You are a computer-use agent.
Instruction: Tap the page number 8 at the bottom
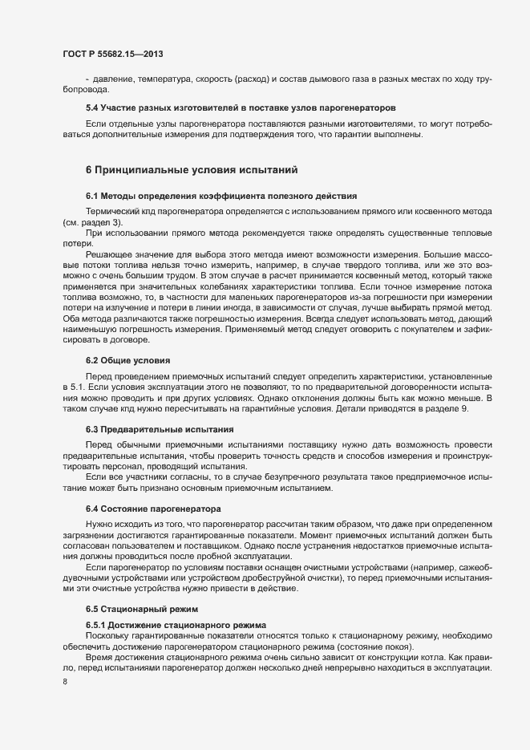pyautogui.click(x=64, y=683)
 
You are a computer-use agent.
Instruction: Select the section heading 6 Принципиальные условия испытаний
pyautogui.click(x=192, y=169)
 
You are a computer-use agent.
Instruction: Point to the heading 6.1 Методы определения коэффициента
pyautogui.click(x=221, y=197)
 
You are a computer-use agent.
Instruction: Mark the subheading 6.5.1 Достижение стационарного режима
pyautogui.click(x=177, y=624)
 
